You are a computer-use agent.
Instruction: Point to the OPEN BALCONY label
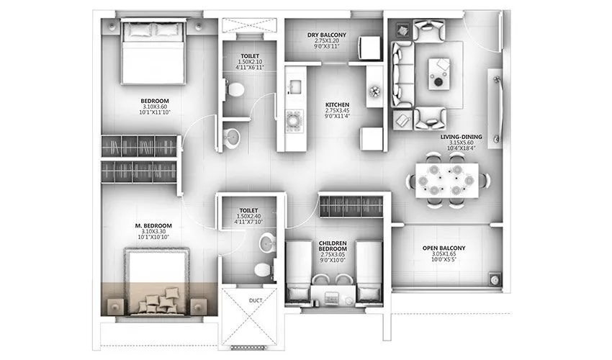tap(444, 248)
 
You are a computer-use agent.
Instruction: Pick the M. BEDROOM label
tap(157, 225)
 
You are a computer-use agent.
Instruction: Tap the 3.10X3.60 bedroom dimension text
tap(154, 107)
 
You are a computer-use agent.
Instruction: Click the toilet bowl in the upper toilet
tap(235, 89)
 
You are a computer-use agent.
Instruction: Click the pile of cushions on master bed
tap(158, 300)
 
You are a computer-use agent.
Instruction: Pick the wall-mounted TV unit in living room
tap(495, 108)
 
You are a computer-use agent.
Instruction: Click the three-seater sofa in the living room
tap(401, 74)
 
